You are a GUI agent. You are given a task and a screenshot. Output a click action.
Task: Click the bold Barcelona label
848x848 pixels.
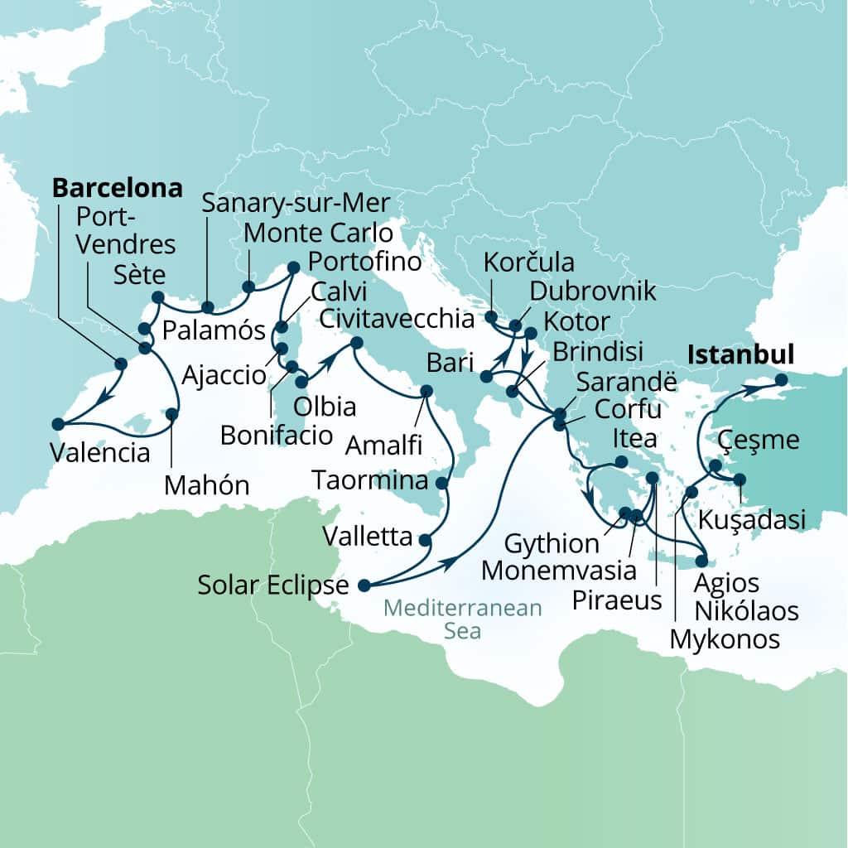[x=117, y=188]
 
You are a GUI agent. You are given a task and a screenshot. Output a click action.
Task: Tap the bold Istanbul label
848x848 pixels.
[x=740, y=355]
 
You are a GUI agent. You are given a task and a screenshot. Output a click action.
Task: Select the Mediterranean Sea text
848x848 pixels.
[x=463, y=619]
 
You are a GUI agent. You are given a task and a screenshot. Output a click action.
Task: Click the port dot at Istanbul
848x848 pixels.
[x=781, y=381]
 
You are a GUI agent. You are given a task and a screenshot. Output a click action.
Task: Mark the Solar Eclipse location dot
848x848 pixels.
[x=363, y=585]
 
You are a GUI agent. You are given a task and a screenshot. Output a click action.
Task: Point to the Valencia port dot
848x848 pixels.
[x=57, y=424]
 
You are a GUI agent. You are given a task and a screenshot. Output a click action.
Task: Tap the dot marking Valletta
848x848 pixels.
[x=426, y=540]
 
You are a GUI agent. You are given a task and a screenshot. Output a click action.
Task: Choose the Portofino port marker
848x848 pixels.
[x=293, y=267]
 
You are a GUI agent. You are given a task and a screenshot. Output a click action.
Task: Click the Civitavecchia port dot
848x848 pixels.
[x=357, y=343]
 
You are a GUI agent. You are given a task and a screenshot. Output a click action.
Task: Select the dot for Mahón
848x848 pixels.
[x=172, y=413]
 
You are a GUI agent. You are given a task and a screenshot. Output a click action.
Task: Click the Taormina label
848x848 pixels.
[x=370, y=480]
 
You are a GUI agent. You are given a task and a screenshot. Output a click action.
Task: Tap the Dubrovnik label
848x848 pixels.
[x=592, y=291]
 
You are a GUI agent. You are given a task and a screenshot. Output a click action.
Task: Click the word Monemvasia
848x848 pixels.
[x=559, y=571]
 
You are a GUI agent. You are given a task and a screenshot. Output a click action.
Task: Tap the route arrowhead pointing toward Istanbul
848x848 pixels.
[x=745, y=388]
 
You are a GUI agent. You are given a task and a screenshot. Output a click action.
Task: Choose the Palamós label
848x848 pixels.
[x=214, y=331]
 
